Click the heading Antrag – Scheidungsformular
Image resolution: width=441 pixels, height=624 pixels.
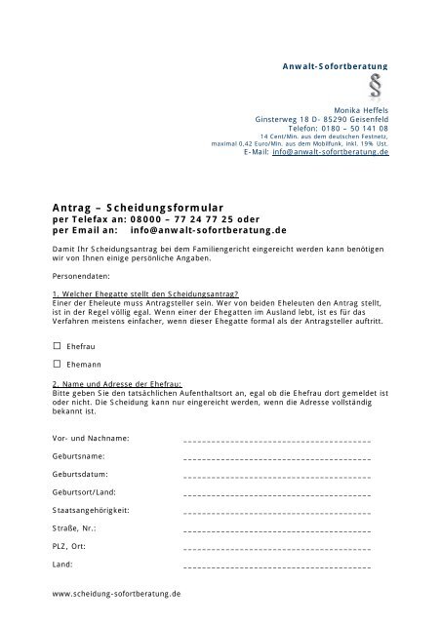[x=138, y=208]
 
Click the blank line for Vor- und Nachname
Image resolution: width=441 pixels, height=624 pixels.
[x=276, y=441]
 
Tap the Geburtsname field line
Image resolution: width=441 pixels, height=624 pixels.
[x=276, y=457]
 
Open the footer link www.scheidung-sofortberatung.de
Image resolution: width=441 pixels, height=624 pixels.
[x=117, y=593]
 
